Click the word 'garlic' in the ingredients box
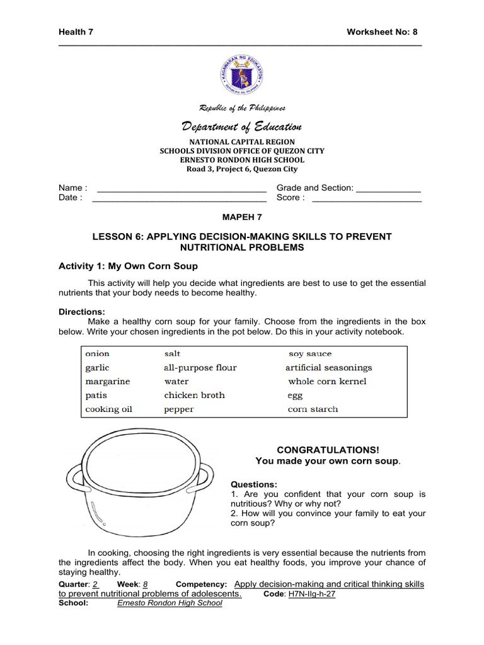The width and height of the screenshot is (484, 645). point(98,368)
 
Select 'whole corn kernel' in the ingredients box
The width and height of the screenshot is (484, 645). point(327,382)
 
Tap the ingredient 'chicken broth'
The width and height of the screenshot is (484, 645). point(194,396)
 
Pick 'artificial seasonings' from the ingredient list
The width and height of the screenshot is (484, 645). point(328,368)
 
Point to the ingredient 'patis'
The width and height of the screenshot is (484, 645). point(96,396)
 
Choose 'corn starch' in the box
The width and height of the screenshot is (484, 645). point(313,409)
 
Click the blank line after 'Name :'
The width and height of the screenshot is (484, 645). point(180,188)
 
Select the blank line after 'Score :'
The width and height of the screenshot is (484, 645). point(367,198)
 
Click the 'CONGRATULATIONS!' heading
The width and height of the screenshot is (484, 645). point(328,450)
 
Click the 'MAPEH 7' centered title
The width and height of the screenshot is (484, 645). point(242,217)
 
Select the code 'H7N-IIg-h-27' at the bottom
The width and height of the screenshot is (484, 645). point(311,594)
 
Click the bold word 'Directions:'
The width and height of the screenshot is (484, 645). point(82,312)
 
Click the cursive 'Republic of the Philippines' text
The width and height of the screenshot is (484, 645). point(242,108)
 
